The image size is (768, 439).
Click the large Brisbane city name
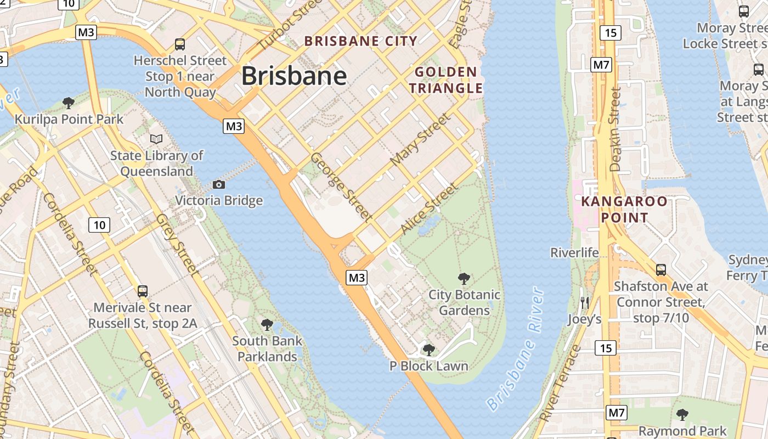coord(294,76)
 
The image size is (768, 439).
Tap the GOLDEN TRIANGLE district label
coord(446,80)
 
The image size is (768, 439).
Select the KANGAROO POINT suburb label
coord(624,209)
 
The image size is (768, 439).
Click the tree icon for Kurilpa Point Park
coord(69,103)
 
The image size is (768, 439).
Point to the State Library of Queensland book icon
coord(156,139)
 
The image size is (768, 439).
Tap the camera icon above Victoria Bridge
coord(219,184)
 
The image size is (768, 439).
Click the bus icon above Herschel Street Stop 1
coord(180,44)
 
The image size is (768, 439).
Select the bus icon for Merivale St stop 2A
coord(143,291)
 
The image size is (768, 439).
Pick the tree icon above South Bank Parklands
coord(267,324)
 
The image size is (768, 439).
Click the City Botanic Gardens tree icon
coord(464,278)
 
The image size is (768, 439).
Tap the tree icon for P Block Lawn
coord(428,350)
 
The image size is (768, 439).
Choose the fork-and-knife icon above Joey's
coord(585,302)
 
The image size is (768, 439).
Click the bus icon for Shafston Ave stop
coord(661,269)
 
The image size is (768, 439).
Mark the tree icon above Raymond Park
coord(682,414)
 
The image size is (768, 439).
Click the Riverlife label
coord(574,252)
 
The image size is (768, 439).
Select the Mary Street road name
coord(420,140)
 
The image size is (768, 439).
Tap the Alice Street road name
coord(429,209)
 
